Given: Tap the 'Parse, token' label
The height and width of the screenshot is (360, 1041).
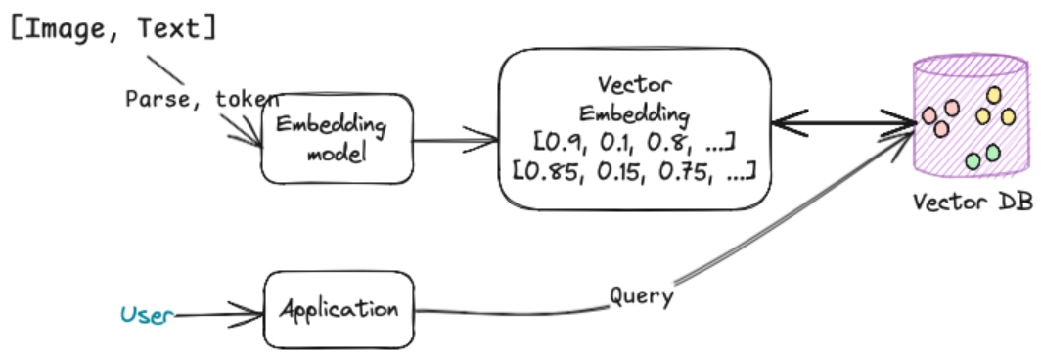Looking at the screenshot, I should pyautogui.click(x=202, y=99).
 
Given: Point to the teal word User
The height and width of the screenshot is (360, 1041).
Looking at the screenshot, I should pyautogui.click(x=146, y=314).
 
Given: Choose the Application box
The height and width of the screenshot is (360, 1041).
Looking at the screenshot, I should pyautogui.click(x=339, y=311).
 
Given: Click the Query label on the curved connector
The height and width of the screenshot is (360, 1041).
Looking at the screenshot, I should pyautogui.click(x=640, y=295).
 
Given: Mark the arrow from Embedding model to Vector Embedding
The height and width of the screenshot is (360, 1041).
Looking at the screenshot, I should pyautogui.click(x=454, y=140).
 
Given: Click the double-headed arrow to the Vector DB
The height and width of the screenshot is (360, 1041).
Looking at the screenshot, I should pyautogui.click(x=841, y=123).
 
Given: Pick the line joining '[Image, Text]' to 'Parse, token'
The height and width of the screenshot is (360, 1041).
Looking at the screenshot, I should pyautogui.click(x=165, y=68).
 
